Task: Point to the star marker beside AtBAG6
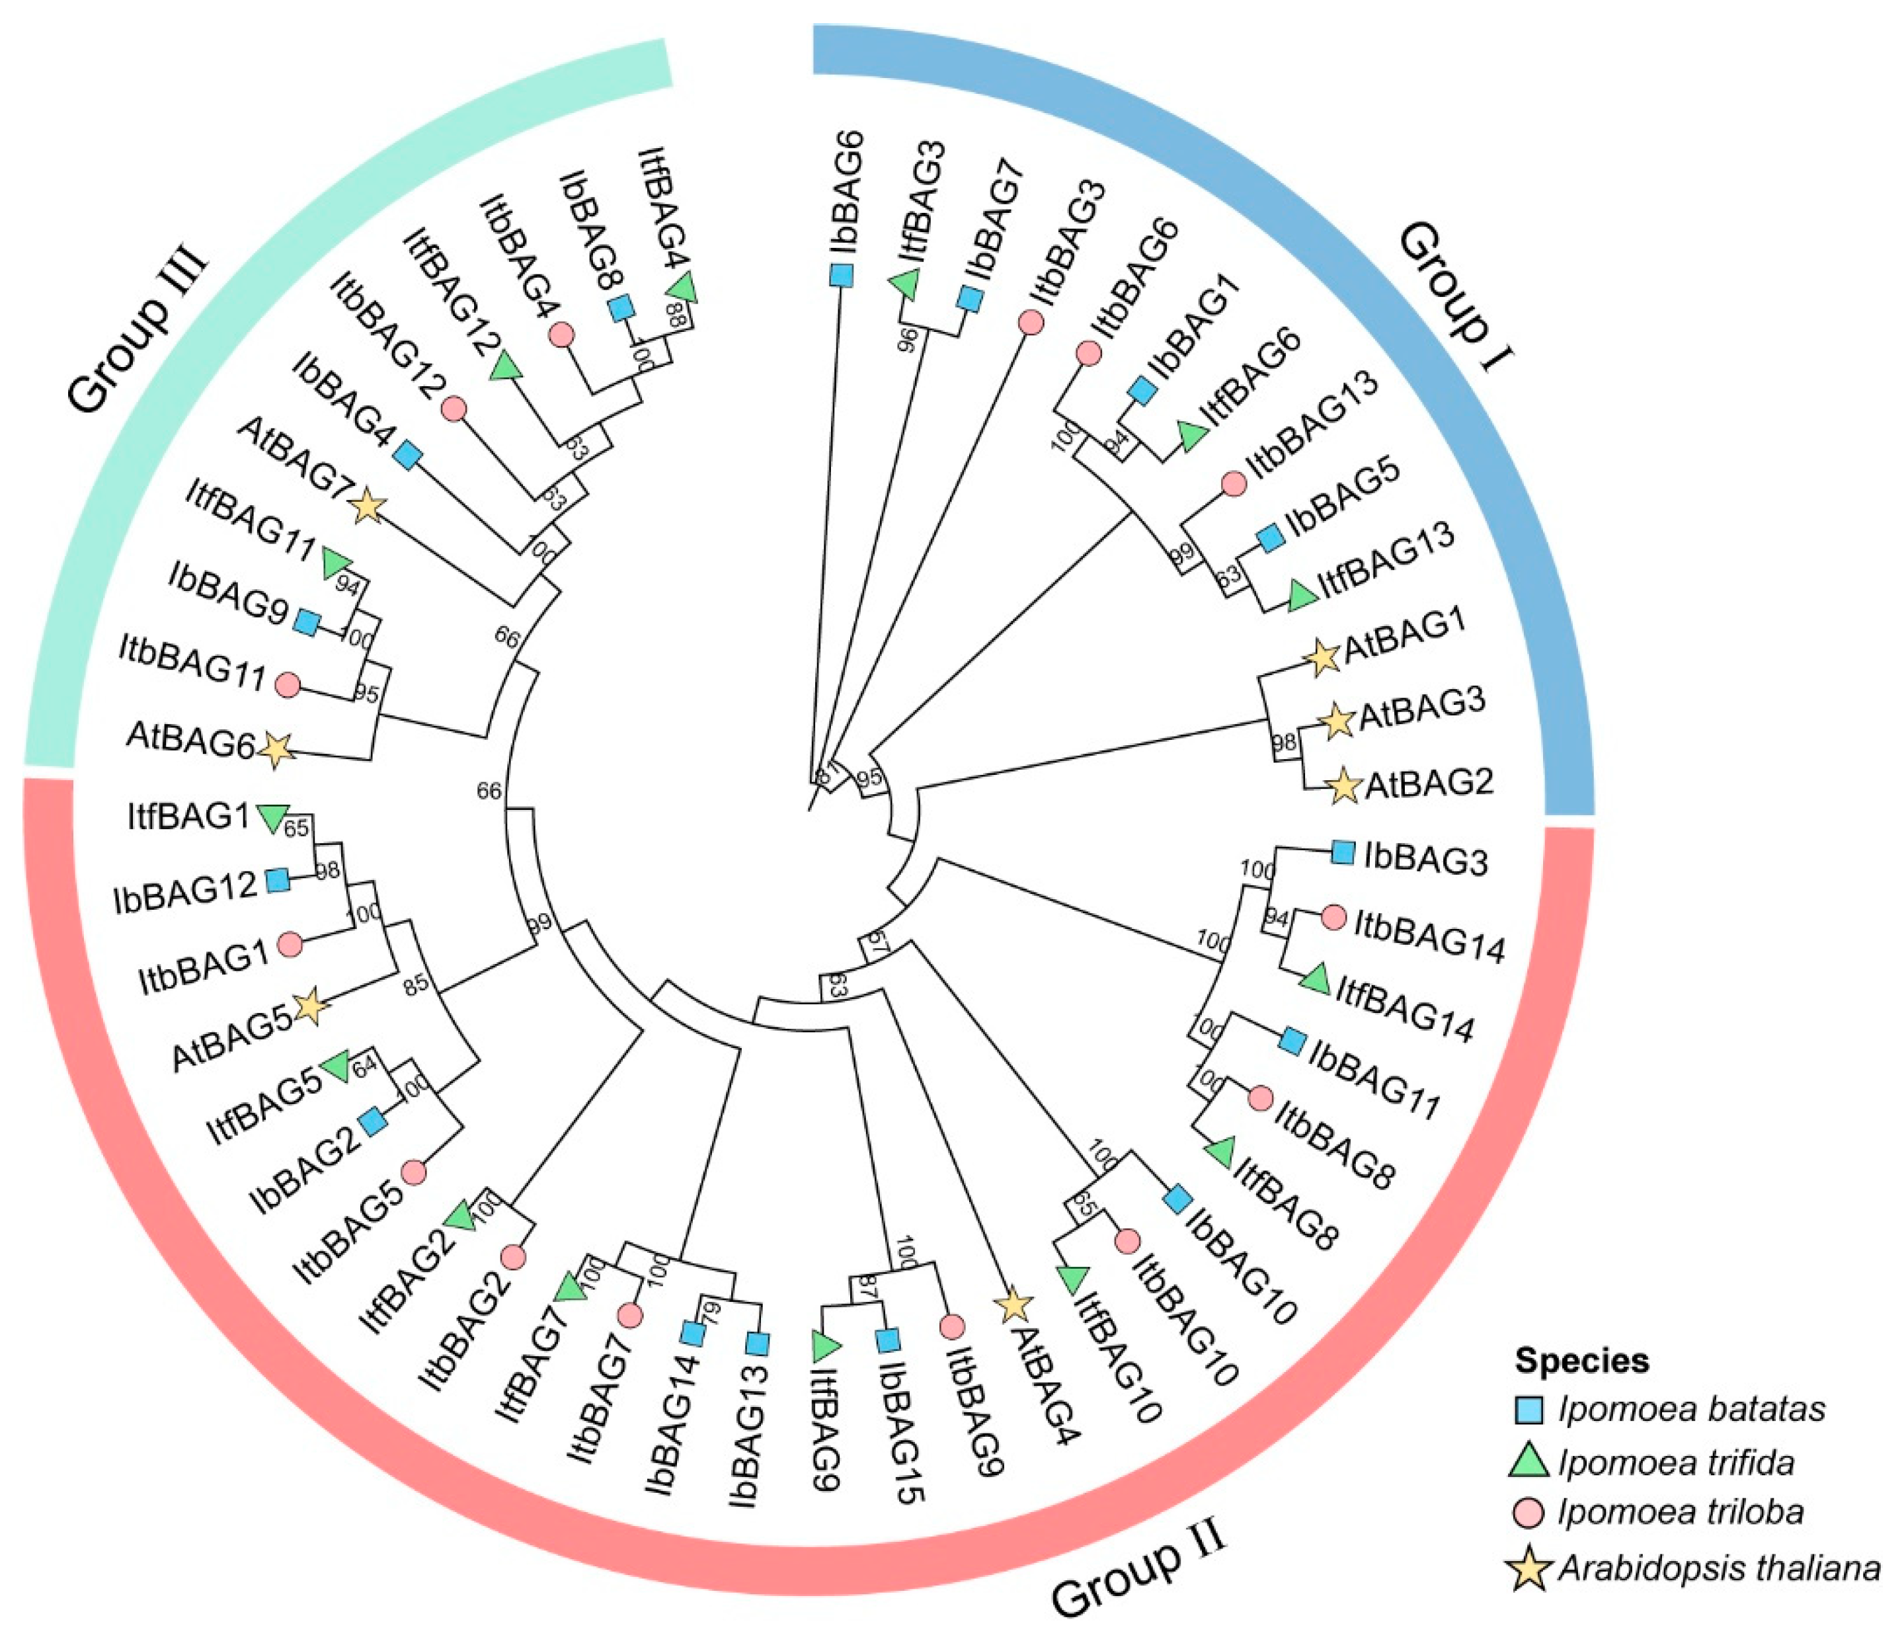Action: click(x=276, y=750)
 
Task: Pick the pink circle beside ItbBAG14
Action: click(x=1333, y=917)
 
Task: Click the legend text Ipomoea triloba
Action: click(x=1681, y=1513)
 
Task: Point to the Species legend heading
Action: click(x=1583, y=1360)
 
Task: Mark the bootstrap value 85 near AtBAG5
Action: click(x=416, y=984)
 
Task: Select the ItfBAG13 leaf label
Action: click(x=1386, y=557)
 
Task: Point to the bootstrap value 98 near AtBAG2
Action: click(x=1284, y=742)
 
